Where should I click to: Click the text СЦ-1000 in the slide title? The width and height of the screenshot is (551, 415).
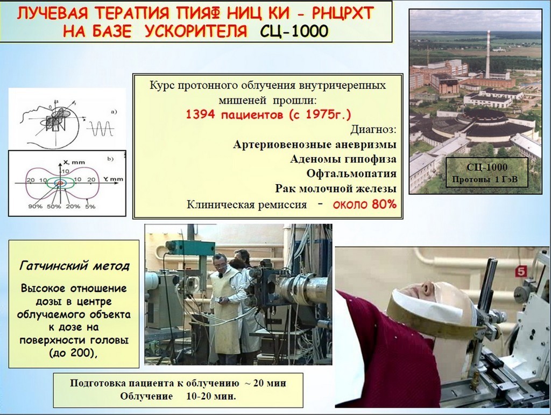coord(294,32)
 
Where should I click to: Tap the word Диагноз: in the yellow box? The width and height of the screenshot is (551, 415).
coord(373,130)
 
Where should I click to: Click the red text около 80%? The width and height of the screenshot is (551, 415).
coord(365,204)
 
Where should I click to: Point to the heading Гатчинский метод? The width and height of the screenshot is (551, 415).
coord(74,266)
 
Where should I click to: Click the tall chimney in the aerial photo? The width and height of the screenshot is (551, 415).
coord(488,54)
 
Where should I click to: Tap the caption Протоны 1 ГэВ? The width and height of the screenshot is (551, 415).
coord(485,180)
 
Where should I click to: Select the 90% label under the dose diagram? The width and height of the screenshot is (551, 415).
coord(35,207)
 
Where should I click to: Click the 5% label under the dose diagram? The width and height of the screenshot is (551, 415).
coord(90,207)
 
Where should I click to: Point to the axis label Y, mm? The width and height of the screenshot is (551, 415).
coord(113,179)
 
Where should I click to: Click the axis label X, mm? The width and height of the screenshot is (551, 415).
coord(74,163)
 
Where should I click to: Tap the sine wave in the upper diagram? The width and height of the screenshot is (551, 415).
coord(100,129)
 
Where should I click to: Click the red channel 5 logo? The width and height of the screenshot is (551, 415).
coord(520,272)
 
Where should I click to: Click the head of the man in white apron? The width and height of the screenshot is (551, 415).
coord(220,262)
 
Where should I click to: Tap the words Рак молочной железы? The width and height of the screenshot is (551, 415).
coord(336,189)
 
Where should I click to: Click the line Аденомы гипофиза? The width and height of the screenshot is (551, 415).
coord(343,159)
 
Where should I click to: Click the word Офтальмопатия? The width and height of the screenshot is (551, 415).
coord(351,174)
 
